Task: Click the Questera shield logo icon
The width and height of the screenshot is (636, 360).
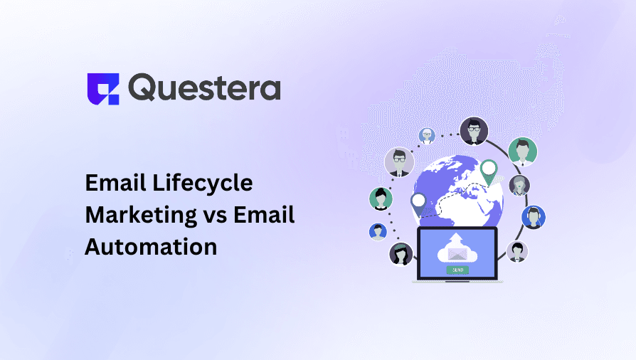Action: coord(102,88)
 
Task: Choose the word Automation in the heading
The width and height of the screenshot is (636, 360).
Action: coord(151,247)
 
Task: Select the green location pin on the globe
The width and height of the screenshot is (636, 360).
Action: coord(488,170)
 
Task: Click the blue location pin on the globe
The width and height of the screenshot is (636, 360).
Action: coord(418,203)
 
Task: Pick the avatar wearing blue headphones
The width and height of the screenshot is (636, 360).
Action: coord(533,217)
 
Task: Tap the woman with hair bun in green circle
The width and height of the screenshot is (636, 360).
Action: coord(381,198)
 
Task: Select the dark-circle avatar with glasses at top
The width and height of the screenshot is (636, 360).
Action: coord(473,131)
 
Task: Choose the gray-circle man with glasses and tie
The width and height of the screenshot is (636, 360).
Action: coord(399,162)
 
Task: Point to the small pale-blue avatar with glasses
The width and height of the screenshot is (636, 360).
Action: coord(427,136)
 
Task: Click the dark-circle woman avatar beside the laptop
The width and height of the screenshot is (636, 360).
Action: coord(401,253)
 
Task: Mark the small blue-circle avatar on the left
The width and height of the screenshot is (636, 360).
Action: coord(378,231)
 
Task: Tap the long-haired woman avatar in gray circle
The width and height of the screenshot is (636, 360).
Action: coord(519,186)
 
